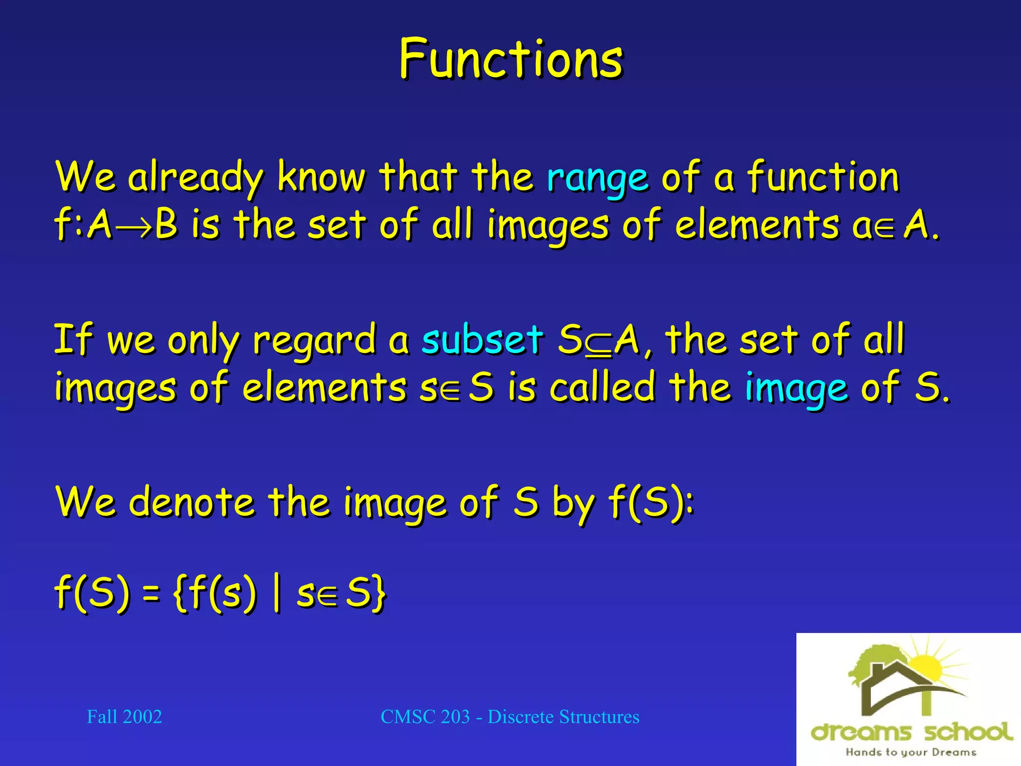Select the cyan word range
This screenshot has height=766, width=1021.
pyautogui.click(x=597, y=178)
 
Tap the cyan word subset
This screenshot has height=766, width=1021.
pyautogui.click(x=482, y=340)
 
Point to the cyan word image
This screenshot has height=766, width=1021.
pyautogui.click(x=796, y=388)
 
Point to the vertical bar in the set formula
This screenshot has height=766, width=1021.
pyautogui.click(x=276, y=593)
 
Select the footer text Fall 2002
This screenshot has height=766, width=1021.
pyautogui.click(x=124, y=717)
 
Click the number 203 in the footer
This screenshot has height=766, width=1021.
pyautogui.click(x=455, y=717)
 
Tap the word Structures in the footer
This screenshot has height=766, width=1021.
pyautogui.click(x=599, y=717)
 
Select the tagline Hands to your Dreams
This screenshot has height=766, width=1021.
pyautogui.click(x=910, y=752)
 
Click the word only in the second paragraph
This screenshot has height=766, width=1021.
pyautogui.click(x=203, y=341)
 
